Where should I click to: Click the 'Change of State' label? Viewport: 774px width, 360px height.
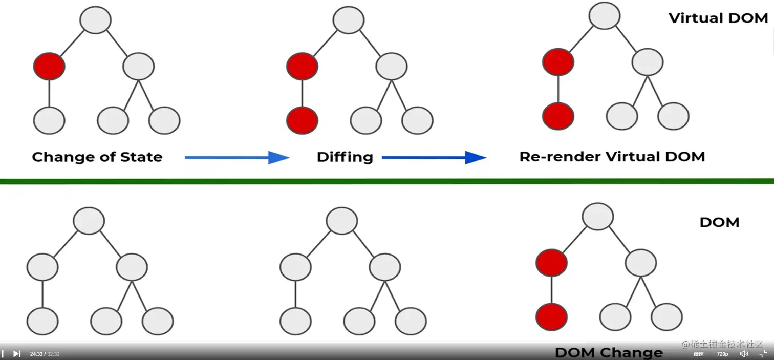click(x=97, y=157)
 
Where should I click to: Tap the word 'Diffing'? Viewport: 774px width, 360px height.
click(x=345, y=157)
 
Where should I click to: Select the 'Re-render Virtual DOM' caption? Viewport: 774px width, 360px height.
click(x=612, y=157)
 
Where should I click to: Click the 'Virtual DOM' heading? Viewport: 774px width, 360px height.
click(x=718, y=18)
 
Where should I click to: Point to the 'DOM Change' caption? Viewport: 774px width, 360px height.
click(x=609, y=352)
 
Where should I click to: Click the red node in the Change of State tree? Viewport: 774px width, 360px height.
click(x=49, y=66)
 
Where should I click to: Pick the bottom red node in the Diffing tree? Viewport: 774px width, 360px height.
click(x=302, y=121)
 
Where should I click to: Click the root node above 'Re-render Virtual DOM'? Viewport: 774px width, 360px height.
click(x=605, y=15)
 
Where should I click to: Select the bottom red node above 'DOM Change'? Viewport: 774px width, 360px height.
click(x=551, y=317)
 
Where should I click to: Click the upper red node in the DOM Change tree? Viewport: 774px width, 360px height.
click(x=551, y=263)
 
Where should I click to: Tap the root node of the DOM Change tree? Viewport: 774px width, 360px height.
click(x=598, y=217)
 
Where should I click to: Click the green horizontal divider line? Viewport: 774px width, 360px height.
click(x=387, y=181)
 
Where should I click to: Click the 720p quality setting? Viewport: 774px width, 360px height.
click(x=722, y=354)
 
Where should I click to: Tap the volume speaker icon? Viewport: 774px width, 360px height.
click(x=744, y=354)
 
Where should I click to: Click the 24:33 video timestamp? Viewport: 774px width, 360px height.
click(x=36, y=354)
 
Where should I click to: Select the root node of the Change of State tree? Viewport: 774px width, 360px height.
click(x=96, y=20)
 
